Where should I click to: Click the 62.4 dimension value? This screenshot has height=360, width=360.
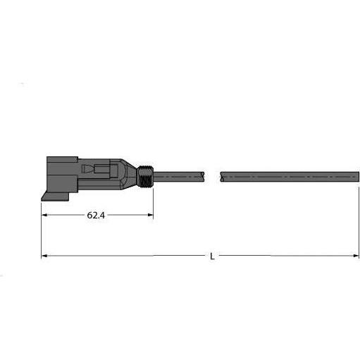[x=97, y=216]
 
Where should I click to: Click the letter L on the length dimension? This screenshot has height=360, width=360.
[x=213, y=256]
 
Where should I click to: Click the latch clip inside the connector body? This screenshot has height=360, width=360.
[x=99, y=171]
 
